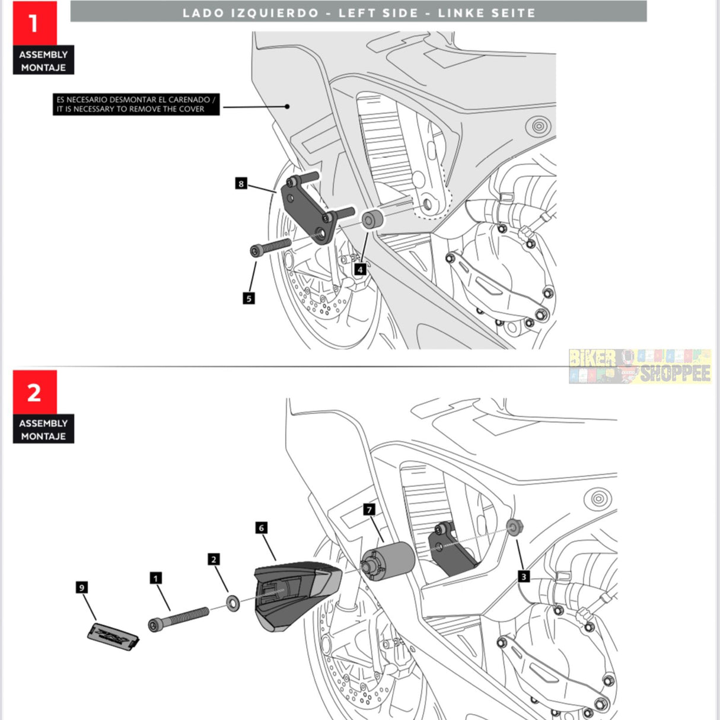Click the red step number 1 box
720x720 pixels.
(34, 23)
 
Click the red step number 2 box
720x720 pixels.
(34, 392)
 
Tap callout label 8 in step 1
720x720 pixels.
(241, 183)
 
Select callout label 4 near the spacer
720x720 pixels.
(360, 269)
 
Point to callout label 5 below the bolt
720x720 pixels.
(249, 298)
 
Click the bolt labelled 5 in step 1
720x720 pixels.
(270, 247)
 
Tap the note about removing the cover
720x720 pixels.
(136, 104)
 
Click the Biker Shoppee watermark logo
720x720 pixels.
(639, 366)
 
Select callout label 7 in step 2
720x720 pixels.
(369, 509)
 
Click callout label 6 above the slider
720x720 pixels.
(261, 527)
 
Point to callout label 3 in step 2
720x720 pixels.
(523, 576)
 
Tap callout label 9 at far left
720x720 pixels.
(82, 587)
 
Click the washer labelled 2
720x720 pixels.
(233, 604)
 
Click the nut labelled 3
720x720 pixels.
(514, 526)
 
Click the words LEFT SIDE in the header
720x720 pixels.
(378, 13)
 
